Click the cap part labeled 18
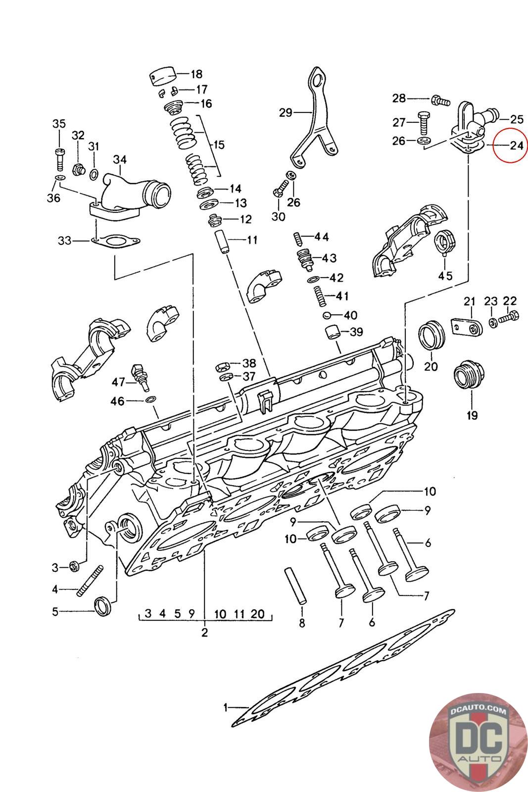[163, 77]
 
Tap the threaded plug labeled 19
[468, 376]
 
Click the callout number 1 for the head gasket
[226, 708]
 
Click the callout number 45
[445, 276]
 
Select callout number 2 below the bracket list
[204, 632]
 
